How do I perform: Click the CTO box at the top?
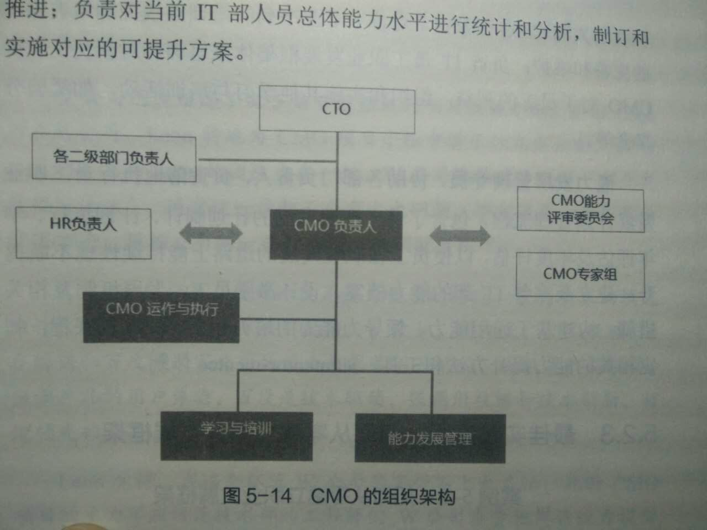point(337,110)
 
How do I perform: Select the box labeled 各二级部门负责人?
point(114,157)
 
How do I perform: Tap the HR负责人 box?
point(83,232)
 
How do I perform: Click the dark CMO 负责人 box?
point(335,234)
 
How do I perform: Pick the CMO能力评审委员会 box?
point(580,210)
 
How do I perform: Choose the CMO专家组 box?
point(580,274)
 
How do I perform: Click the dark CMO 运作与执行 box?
point(161,317)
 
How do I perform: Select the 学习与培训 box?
point(236,436)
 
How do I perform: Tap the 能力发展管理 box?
point(430,438)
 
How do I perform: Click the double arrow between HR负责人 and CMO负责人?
point(211,233)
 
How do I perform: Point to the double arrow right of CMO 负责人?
point(460,236)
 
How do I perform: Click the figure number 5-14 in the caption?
point(268,495)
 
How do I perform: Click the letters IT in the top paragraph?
point(207,13)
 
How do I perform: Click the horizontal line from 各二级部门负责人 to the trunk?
point(267,161)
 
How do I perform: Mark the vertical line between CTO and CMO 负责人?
point(337,182)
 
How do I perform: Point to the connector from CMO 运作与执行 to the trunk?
point(287,319)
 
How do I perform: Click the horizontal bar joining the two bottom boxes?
point(335,371)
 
